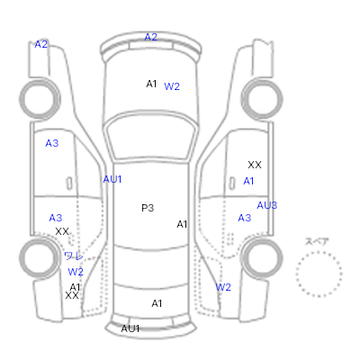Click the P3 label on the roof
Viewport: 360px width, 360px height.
148,208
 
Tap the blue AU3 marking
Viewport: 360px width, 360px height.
267,205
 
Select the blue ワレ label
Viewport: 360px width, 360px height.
74,256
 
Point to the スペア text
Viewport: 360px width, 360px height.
317,241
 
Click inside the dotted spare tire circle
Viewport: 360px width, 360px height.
319,274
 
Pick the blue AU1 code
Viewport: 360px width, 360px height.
112,179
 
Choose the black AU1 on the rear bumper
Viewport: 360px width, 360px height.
130,328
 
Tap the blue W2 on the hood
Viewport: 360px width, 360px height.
172,86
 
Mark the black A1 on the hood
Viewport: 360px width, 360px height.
151,84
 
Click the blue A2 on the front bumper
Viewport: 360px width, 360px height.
151,37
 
